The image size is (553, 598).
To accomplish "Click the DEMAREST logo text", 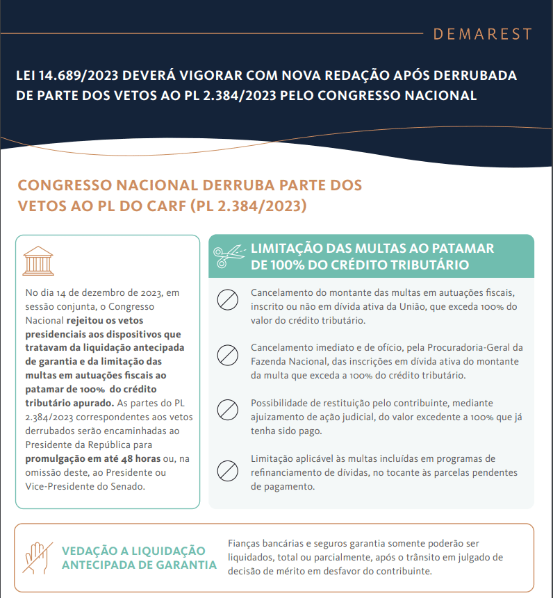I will click(482, 34).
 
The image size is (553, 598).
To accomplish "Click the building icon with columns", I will click(38, 260).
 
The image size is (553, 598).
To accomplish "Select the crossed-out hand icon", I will click(35, 556).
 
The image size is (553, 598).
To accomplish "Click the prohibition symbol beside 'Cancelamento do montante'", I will click(228, 300).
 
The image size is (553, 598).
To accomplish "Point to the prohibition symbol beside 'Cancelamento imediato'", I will click(228, 355).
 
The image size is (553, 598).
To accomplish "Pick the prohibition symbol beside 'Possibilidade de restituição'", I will click(228, 410).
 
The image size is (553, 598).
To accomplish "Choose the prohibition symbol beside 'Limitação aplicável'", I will click(228, 470).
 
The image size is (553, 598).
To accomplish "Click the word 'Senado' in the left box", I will click(126, 486).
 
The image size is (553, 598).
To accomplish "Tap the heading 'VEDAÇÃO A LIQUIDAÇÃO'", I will click(133, 550).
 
